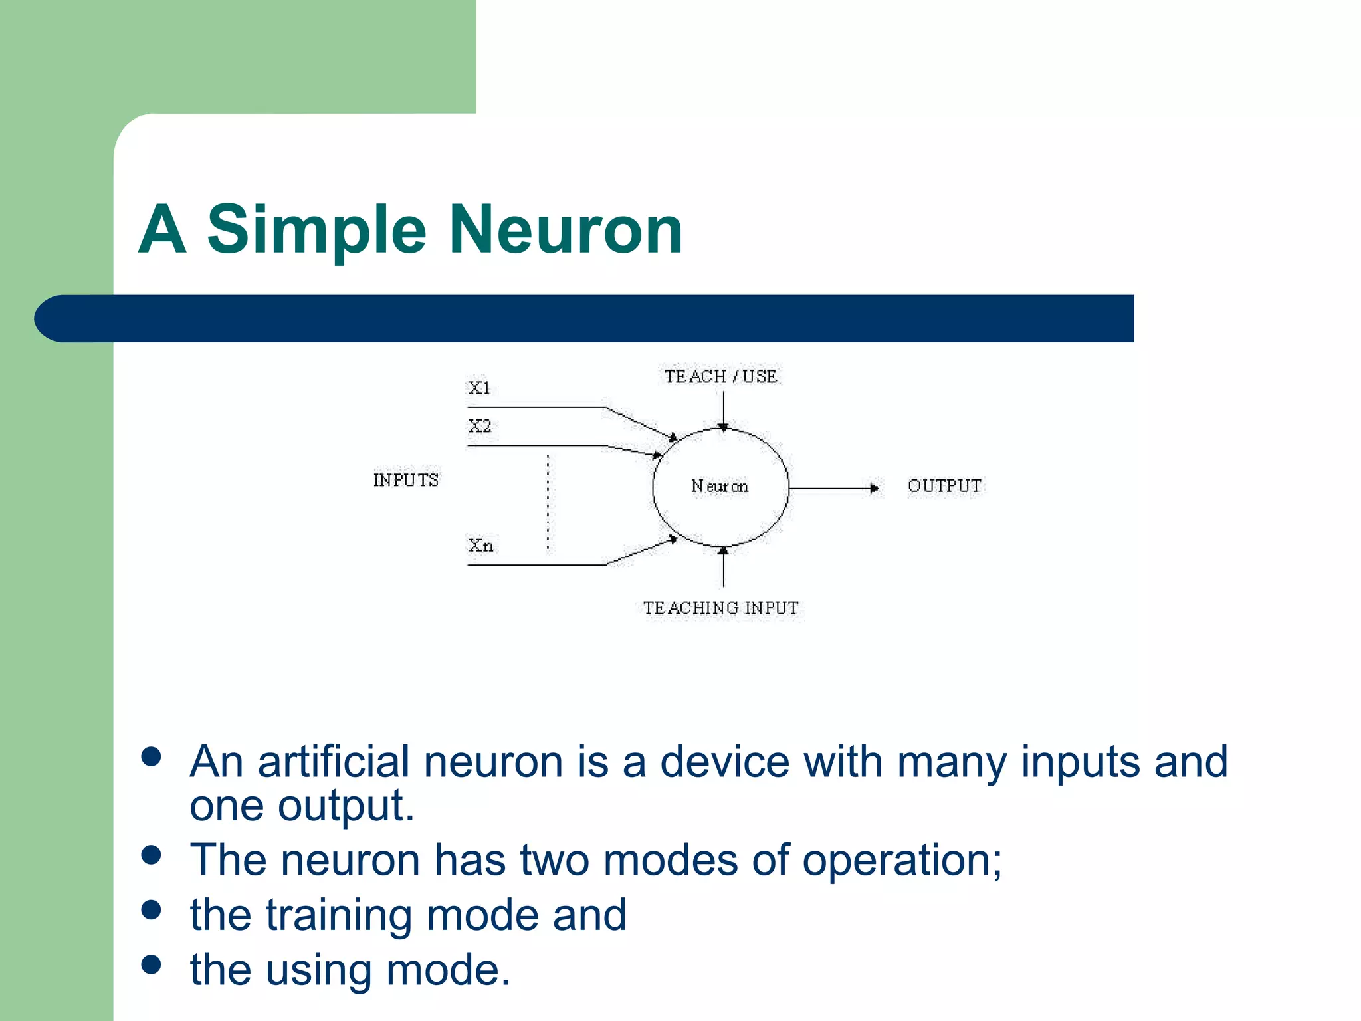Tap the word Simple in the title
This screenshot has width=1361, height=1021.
[x=316, y=230]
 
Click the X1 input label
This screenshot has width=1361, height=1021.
[x=479, y=388]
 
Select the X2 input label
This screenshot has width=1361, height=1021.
[x=480, y=426]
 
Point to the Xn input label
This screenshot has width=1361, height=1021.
[x=480, y=546]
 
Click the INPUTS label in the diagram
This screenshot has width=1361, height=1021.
[x=405, y=480]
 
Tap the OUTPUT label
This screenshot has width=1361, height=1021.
[x=944, y=486]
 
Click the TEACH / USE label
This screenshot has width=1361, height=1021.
[x=721, y=376]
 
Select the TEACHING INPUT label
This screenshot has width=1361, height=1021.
[x=721, y=608]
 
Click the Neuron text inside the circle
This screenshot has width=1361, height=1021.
[x=720, y=487]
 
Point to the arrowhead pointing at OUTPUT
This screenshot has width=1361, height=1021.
[x=875, y=489]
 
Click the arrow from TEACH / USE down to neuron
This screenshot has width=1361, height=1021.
[x=724, y=409]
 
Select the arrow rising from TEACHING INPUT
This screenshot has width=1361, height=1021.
[x=724, y=568]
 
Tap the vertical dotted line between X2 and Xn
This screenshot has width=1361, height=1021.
[x=548, y=503]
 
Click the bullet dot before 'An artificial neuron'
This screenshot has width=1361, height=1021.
[x=152, y=757]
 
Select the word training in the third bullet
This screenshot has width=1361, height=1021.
[x=340, y=915]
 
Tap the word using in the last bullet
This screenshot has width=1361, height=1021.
[x=318, y=970]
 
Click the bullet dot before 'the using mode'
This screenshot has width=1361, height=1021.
[x=152, y=964]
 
